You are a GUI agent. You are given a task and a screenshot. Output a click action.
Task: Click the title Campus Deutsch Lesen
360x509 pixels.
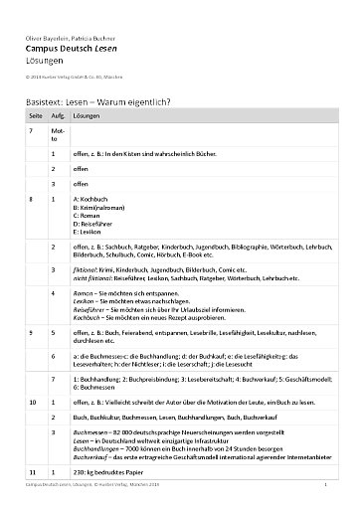coord(73,47)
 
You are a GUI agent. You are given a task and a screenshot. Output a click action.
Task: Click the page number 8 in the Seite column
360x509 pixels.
coord(33,199)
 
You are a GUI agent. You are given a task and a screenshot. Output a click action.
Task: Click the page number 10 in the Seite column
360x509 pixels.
coord(34,401)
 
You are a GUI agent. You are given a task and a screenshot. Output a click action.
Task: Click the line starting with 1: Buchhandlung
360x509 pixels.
coord(189,383)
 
